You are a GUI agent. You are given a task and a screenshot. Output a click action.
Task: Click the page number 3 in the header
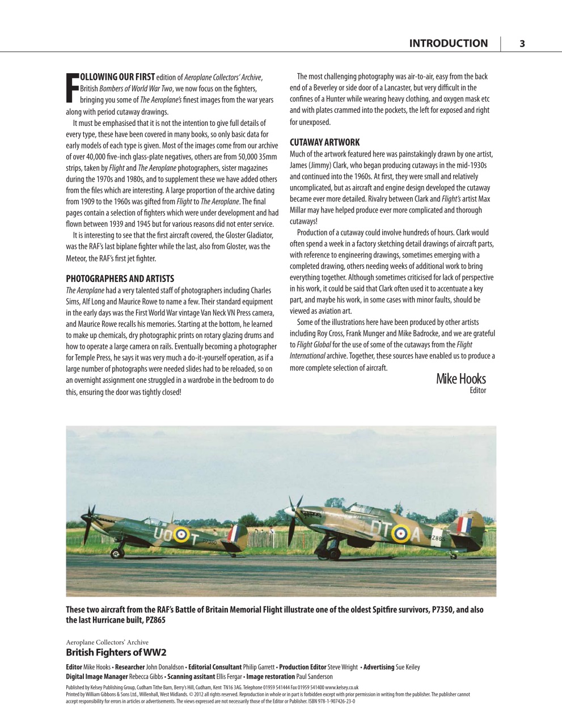click(x=522, y=44)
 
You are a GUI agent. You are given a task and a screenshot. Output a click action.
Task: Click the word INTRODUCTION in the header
click(x=448, y=44)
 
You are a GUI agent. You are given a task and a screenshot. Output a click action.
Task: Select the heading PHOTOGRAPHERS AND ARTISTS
click(x=120, y=278)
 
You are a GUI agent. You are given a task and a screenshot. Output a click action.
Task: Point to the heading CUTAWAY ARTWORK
click(x=324, y=142)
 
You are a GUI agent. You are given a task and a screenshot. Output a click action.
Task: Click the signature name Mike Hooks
click(x=460, y=379)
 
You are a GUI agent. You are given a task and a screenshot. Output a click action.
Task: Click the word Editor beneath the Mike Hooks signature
click(x=478, y=390)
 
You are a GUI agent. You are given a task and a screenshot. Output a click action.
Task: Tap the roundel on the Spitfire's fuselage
click(x=181, y=534)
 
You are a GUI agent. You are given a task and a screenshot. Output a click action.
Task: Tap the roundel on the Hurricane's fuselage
click(x=401, y=533)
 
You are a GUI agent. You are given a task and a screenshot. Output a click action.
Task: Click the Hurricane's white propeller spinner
click(x=293, y=511)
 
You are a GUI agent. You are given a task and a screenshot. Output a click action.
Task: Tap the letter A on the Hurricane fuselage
click(x=417, y=534)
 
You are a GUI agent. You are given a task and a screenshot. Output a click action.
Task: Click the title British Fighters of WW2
click(x=116, y=652)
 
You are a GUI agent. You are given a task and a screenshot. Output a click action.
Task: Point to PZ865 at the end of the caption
click(x=153, y=620)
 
